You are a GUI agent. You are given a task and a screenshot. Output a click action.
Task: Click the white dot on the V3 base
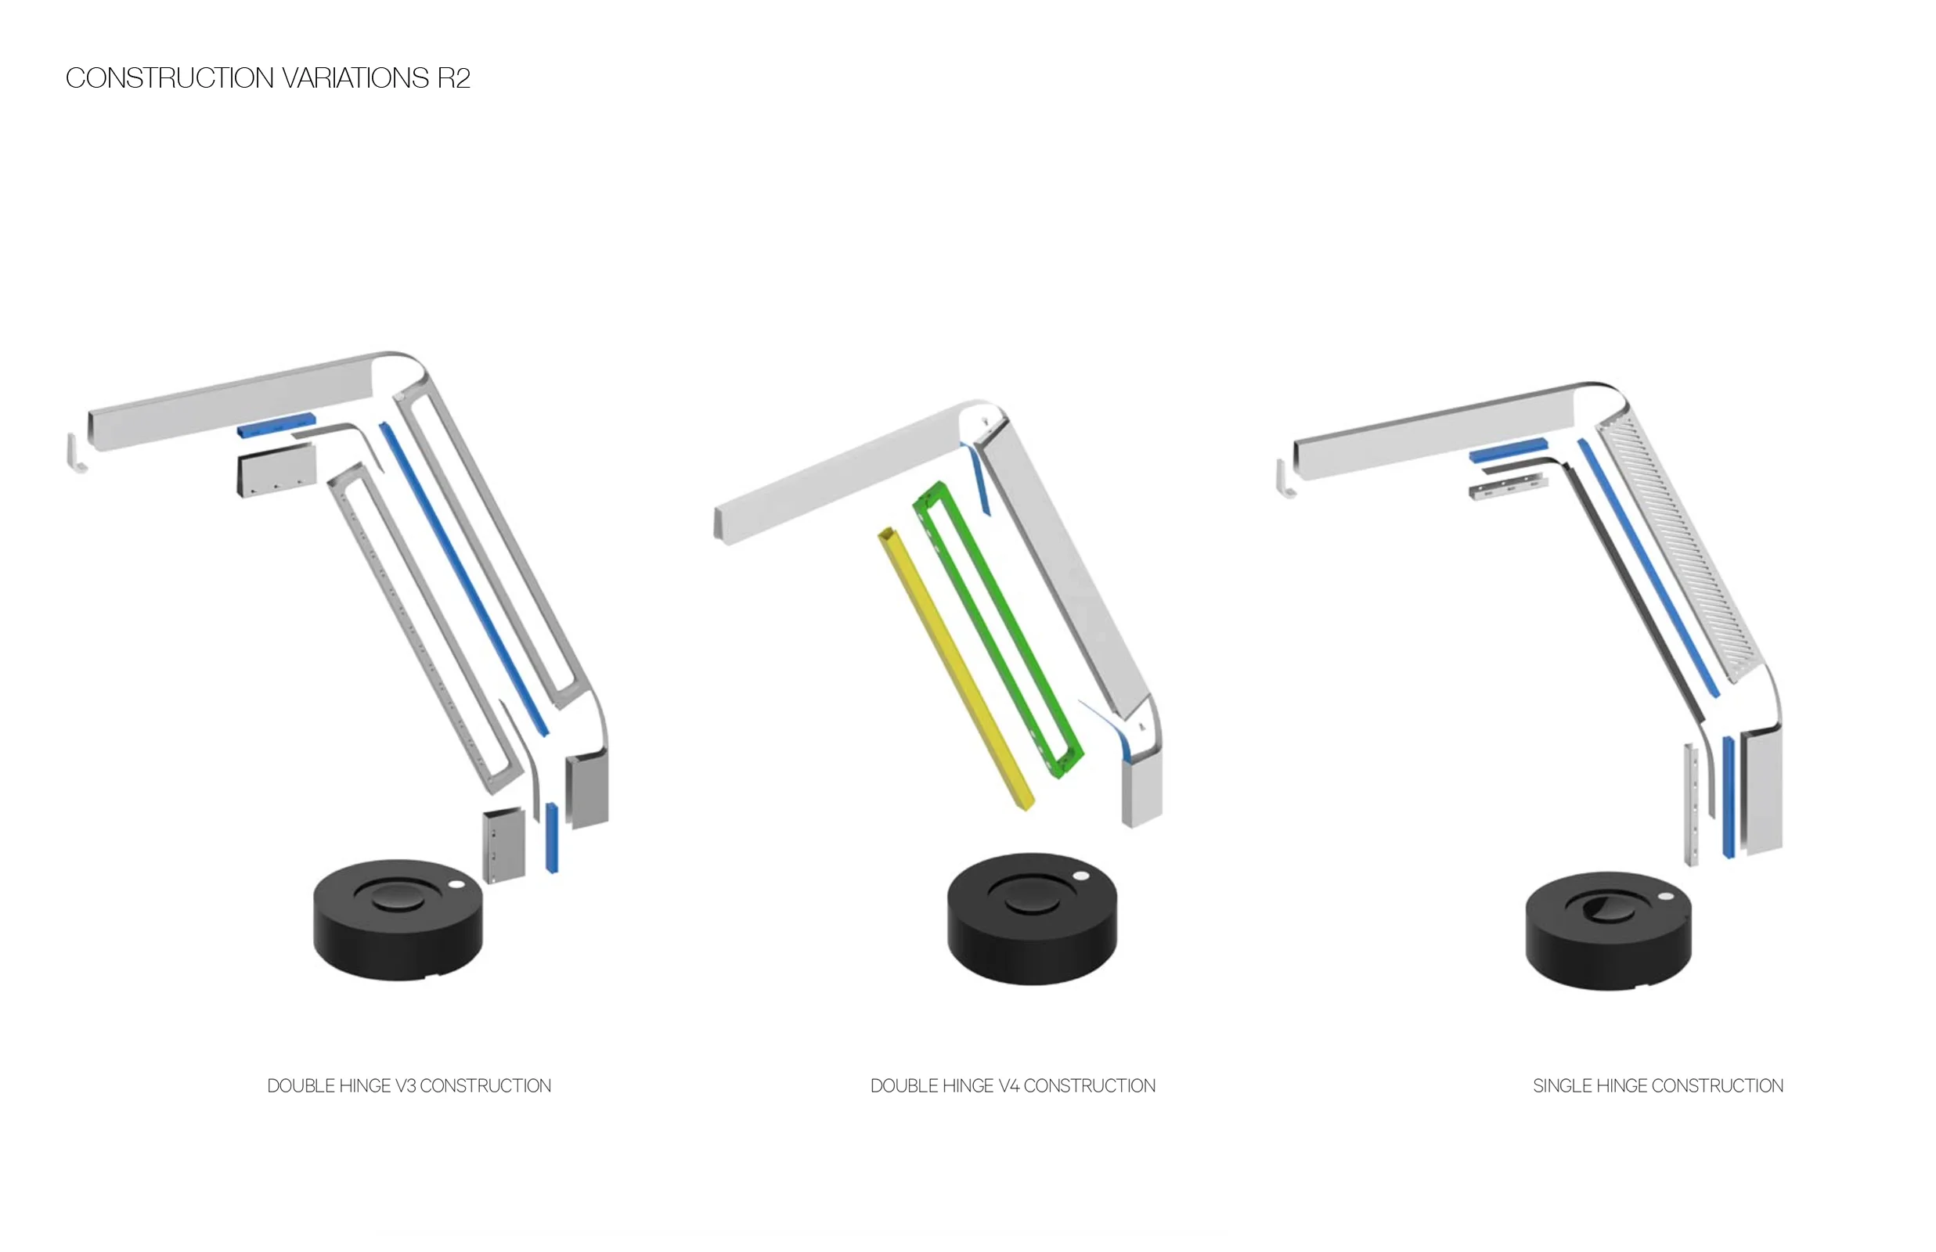(x=456, y=884)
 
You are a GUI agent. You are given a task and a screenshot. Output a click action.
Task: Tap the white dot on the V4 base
(x=1080, y=876)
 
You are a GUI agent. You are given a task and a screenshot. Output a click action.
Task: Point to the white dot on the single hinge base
(x=1665, y=896)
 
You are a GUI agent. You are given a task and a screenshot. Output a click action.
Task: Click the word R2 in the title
(x=453, y=78)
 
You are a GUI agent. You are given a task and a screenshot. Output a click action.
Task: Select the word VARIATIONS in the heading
(x=355, y=78)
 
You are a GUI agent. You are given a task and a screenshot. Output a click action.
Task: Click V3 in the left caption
(x=405, y=1086)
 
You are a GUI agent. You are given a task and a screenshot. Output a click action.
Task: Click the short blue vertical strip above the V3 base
(x=551, y=837)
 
